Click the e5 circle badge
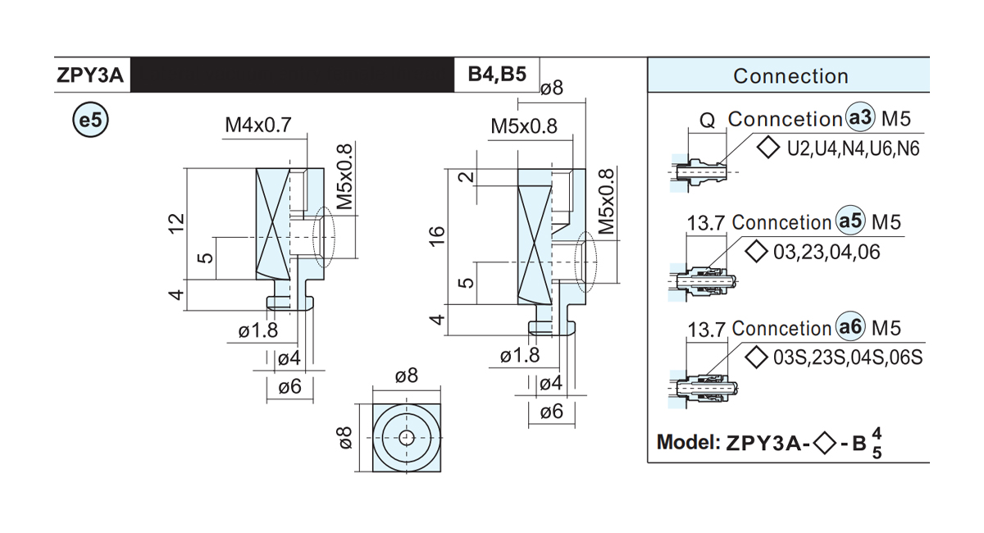pos(90,120)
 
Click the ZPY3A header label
pos(90,75)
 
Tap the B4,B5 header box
pos(497,75)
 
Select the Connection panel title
pos(790,76)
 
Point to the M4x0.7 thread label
pos(258,125)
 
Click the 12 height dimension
pos(176,224)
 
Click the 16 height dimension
pos(437,236)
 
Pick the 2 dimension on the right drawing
pos(467,177)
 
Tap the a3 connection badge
pos(860,118)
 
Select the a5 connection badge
pos(850,221)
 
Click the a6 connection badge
pos(850,326)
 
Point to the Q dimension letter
pos(707,120)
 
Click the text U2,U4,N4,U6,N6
pos(853,148)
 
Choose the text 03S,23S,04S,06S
pos(848,358)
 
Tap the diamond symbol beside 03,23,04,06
pos(756,252)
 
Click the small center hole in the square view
pos(407,438)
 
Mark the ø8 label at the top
pos(552,88)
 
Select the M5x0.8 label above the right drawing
pos(524,126)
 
